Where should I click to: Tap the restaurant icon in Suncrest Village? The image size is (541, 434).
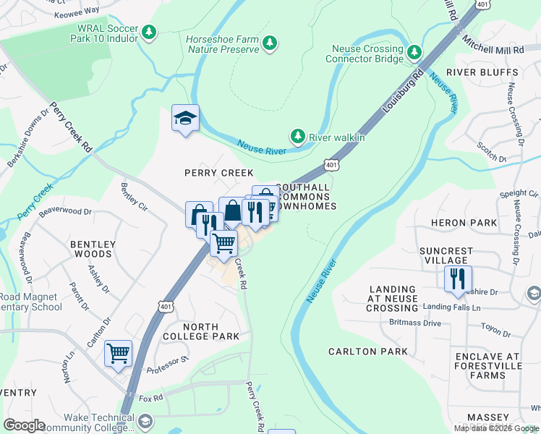coord(458,279)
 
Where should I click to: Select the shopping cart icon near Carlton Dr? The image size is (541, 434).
coord(118,354)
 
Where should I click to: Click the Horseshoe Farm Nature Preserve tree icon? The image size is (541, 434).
coord(270,43)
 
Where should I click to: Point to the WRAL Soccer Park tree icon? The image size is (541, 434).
coord(148,32)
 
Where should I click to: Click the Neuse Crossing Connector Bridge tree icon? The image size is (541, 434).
coord(414,53)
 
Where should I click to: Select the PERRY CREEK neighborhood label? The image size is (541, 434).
coord(218,173)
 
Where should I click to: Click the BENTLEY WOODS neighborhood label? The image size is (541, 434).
coord(92,249)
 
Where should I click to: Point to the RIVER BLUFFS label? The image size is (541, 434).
coord(482,73)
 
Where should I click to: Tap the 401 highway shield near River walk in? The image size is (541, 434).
coord(331,165)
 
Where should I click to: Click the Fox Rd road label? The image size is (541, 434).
coord(151,398)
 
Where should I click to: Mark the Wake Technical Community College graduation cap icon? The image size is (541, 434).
coord(145,421)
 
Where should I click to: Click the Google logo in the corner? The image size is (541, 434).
coord(24,425)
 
